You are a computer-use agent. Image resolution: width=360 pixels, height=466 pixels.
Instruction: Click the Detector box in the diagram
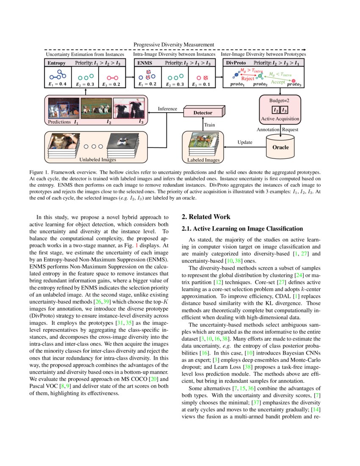pos(203,113)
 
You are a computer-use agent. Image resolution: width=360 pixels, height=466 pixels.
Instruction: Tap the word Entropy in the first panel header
pos(56,63)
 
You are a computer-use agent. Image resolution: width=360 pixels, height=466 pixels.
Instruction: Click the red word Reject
pos(247,79)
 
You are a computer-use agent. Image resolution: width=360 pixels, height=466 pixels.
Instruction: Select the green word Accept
pos(278,81)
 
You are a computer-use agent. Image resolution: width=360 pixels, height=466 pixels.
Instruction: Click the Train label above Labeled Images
pos(210,125)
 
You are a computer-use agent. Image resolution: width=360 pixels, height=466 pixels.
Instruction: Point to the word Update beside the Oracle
pos(245,142)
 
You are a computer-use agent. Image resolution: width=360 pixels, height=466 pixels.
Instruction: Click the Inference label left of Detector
pos(167,109)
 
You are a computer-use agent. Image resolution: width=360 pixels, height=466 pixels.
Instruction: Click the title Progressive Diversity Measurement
pos(174,44)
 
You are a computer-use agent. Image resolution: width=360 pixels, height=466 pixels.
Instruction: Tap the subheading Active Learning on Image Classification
pos(242,229)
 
